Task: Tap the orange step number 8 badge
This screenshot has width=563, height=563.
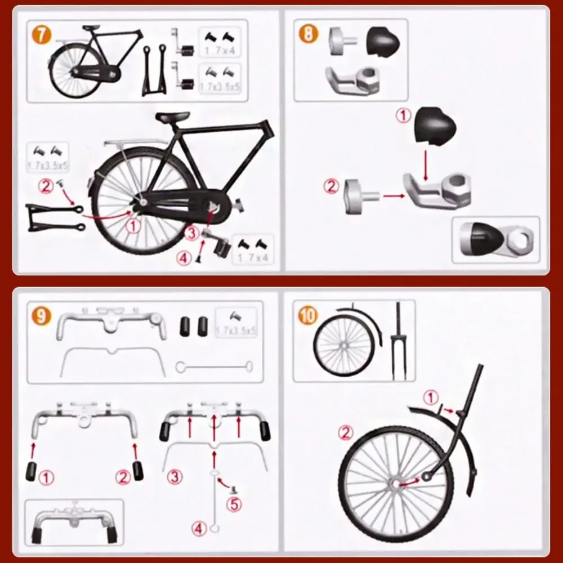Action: pos(308,34)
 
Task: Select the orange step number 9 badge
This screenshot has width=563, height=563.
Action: pos(41,316)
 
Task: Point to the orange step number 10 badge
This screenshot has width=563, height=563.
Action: pos(307,316)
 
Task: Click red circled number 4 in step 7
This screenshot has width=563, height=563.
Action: pos(184,258)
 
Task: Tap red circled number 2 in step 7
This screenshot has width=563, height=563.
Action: pos(47,185)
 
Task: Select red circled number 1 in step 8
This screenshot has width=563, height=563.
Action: pos(404,116)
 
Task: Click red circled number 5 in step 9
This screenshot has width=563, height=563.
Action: pos(234,503)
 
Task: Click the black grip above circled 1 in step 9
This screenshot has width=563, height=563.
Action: pos(31,470)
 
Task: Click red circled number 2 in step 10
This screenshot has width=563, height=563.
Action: pos(346,433)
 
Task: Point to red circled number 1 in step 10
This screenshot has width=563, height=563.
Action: pos(431,398)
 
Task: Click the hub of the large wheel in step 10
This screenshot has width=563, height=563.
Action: pos(394,484)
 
